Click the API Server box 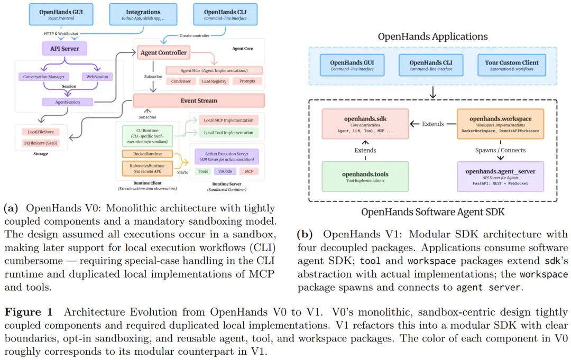point(65,49)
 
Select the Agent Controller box point(163,52)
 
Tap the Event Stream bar point(199,100)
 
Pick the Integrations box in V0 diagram point(143,15)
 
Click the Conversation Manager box point(44,77)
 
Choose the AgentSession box point(68,102)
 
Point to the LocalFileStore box point(41,132)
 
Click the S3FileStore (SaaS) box point(41,143)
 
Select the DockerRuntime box point(148,154)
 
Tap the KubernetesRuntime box point(148,168)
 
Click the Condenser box point(181,81)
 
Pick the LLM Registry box point(214,81)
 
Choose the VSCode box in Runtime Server point(225,171)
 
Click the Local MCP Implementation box point(229,120)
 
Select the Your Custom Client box point(512,65)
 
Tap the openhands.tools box point(365,177)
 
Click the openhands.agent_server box point(500,177)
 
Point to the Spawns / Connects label point(500,150)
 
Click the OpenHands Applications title point(432,36)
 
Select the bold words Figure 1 point(29,312)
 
